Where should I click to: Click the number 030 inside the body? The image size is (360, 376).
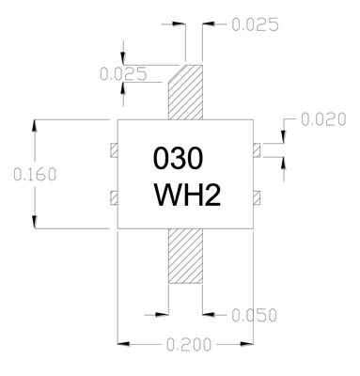coord(178,158)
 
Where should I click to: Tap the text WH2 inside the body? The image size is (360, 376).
coord(187,195)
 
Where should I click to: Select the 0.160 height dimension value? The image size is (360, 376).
coord(35,175)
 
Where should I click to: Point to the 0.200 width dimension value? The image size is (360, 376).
coord(189,345)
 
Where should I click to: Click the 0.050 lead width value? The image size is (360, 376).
coord(254,315)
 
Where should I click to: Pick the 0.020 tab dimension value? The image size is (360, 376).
coord(323,119)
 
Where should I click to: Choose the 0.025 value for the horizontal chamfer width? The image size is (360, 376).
coord(255,24)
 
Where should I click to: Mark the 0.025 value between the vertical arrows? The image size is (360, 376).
coord(123,74)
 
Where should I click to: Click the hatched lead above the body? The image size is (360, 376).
coord(185,92)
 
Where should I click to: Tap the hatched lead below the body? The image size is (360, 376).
coord(185,256)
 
